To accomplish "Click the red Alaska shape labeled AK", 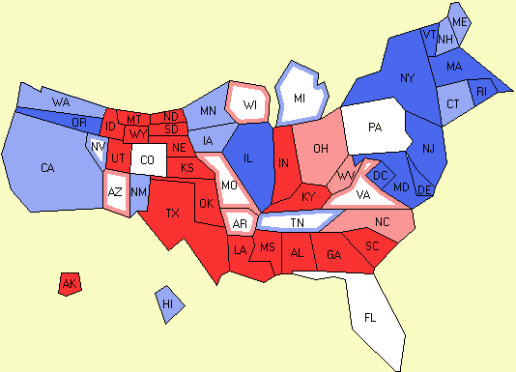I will [x=69, y=283].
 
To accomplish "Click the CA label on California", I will [x=47, y=168].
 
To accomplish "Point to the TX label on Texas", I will [x=173, y=213].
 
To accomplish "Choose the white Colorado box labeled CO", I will [x=147, y=159].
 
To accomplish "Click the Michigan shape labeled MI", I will [x=300, y=99].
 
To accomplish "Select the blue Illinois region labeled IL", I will [x=248, y=161].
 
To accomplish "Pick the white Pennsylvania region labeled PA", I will [x=375, y=127].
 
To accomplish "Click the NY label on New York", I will [x=407, y=77].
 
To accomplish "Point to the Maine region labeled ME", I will [x=460, y=21].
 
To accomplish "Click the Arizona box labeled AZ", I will [x=115, y=191].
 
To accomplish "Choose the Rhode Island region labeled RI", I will [x=484, y=92].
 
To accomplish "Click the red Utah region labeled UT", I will [x=117, y=157].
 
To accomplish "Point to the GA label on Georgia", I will [x=334, y=255].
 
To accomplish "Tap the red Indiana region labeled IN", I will [x=284, y=164].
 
